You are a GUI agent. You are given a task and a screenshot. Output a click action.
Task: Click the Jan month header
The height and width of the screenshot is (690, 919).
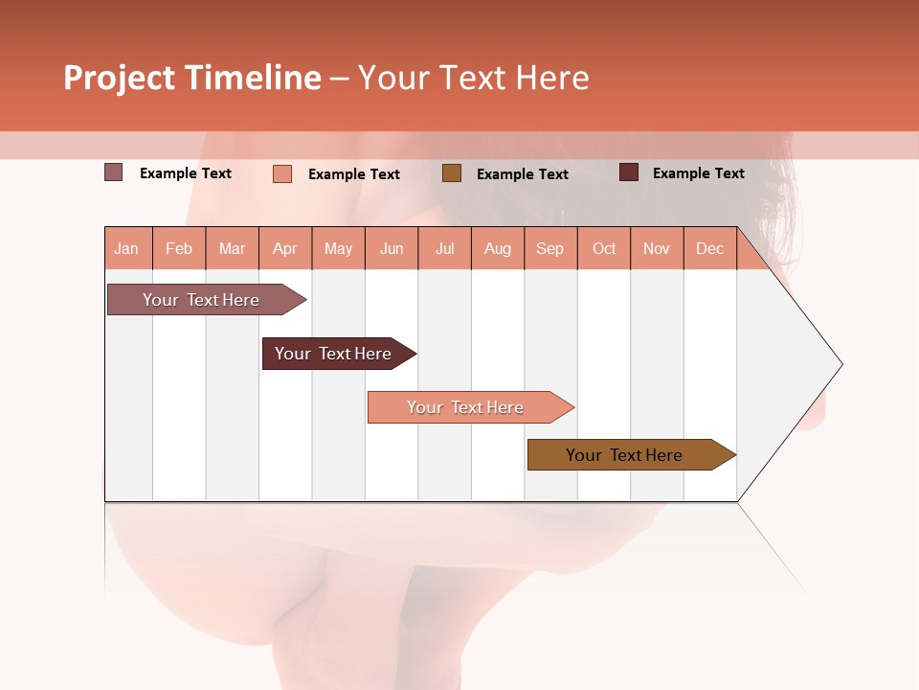[x=127, y=248]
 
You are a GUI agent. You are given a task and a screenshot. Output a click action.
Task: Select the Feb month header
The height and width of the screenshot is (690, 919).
[x=179, y=248]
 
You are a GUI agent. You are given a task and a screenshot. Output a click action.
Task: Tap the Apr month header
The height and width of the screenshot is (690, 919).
[x=285, y=248]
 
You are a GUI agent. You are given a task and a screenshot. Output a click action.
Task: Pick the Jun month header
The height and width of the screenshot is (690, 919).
[x=392, y=248]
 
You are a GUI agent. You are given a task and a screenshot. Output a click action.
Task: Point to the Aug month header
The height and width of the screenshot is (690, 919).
[x=498, y=248]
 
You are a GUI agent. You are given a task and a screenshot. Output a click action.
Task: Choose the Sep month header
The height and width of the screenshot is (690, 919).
[x=550, y=248]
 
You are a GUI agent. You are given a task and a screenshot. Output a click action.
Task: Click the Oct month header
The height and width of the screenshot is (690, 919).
[x=604, y=248]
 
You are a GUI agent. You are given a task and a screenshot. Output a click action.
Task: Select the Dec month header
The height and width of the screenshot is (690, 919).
[x=710, y=248]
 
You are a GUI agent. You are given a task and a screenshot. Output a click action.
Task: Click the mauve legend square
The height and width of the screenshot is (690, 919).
[x=114, y=172]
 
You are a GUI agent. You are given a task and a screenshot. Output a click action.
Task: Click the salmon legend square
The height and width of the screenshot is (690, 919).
[x=282, y=173]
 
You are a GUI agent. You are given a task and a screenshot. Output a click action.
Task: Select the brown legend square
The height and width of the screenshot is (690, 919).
[x=452, y=172]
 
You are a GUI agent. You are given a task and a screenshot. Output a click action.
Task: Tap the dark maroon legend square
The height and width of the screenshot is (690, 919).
[x=629, y=172]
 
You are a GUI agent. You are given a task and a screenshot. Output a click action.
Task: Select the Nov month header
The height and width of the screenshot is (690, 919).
[x=657, y=248]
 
